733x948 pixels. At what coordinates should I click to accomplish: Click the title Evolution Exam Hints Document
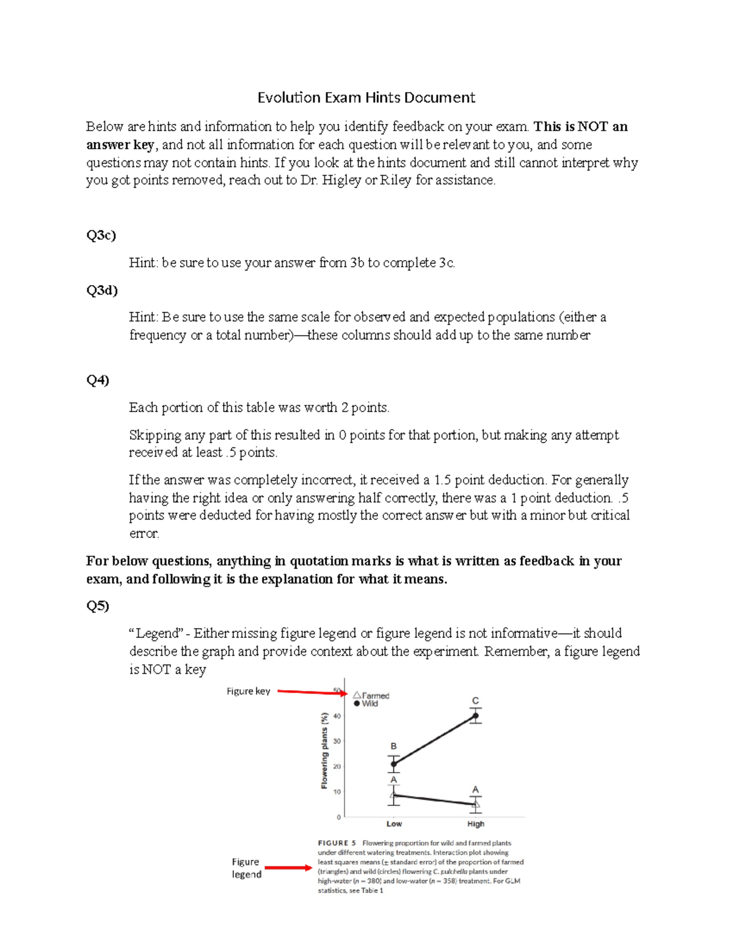pyautogui.click(x=366, y=98)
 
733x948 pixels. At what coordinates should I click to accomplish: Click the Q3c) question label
pyautogui.click(x=101, y=235)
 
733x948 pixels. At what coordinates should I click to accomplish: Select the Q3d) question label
pyautogui.click(x=101, y=290)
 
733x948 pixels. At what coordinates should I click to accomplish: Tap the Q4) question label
pyautogui.click(x=97, y=380)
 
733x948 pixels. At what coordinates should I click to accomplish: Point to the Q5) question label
pyautogui.click(x=97, y=606)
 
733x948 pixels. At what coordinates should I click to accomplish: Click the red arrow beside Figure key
pyautogui.click(x=312, y=692)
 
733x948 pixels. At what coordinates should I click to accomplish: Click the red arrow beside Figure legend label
pyautogui.click(x=288, y=867)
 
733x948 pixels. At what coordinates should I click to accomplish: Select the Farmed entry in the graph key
pyautogui.click(x=371, y=695)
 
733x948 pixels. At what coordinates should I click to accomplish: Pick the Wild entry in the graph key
pyautogui.click(x=366, y=704)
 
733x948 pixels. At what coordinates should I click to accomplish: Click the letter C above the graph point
pyautogui.click(x=475, y=701)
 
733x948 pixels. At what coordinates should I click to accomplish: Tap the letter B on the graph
pyautogui.click(x=393, y=746)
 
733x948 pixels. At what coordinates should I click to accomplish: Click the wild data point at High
pyautogui.click(x=475, y=716)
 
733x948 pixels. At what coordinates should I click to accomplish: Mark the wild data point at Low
pyautogui.click(x=393, y=764)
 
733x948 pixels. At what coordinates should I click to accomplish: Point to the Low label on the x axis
pyautogui.click(x=394, y=823)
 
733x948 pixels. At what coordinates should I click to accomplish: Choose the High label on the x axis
pyautogui.click(x=475, y=823)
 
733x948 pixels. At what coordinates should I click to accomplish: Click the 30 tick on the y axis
pyautogui.click(x=337, y=741)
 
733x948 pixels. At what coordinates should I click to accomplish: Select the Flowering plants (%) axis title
pyautogui.click(x=324, y=751)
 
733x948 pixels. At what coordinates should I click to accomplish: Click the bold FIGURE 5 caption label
pyautogui.click(x=337, y=843)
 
